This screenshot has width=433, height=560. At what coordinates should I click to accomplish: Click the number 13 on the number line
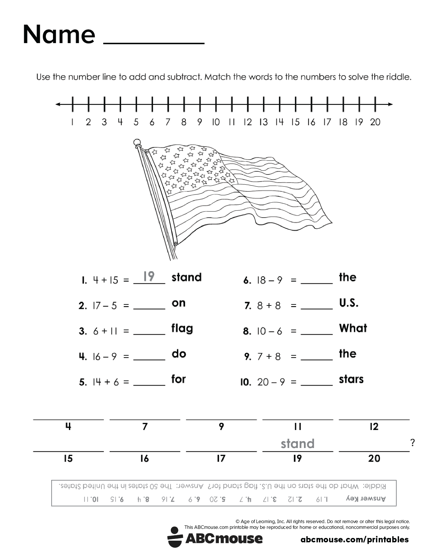[263, 122]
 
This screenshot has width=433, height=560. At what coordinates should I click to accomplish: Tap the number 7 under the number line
[167, 122]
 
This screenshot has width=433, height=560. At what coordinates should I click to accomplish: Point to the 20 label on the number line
[375, 122]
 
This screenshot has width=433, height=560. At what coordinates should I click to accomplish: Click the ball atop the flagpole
[137, 142]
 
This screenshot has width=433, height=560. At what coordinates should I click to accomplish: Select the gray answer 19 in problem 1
[149, 276]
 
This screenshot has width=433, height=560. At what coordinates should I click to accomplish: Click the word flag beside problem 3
[182, 329]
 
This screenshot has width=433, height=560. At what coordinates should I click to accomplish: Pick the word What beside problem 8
[353, 328]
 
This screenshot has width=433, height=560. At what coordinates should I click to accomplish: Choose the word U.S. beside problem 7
[349, 303]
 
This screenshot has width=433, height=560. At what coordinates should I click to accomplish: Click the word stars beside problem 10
[351, 379]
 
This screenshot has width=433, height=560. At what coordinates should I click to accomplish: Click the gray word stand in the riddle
[297, 444]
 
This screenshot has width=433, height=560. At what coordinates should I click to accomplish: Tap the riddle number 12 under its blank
[374, 427]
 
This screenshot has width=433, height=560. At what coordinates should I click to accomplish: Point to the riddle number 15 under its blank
[68, 459]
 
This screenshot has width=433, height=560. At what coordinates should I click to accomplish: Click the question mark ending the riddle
[413, 443]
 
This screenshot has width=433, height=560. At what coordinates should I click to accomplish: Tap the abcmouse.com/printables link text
[355, 540]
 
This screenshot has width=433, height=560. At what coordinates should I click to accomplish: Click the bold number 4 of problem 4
[83, 357]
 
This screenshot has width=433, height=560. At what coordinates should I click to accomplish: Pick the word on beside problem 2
[179, 303]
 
